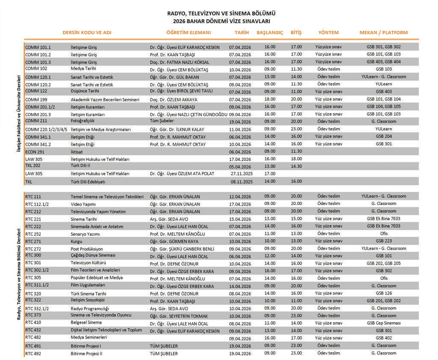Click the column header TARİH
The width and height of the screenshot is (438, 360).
pos(242,32)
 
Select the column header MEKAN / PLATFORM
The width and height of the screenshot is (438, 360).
pos(383,32)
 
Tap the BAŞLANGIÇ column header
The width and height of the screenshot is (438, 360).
pos(269,32)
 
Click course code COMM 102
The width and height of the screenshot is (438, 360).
pos(36,68)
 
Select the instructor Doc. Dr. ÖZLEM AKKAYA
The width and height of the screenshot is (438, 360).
pos(172,99)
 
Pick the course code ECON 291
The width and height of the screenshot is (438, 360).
pos(35,151)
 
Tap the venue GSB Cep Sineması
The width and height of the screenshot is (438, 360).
pos(384,323)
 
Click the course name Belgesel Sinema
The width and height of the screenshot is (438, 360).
pos(86,322)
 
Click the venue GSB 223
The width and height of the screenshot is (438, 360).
pos(384,241)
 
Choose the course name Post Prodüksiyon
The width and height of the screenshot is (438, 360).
pos(87,248)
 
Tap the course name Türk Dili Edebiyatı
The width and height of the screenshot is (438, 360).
pos(88,182)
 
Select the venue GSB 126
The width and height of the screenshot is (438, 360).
pos(384,293)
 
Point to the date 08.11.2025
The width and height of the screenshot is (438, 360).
pos(242,182)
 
